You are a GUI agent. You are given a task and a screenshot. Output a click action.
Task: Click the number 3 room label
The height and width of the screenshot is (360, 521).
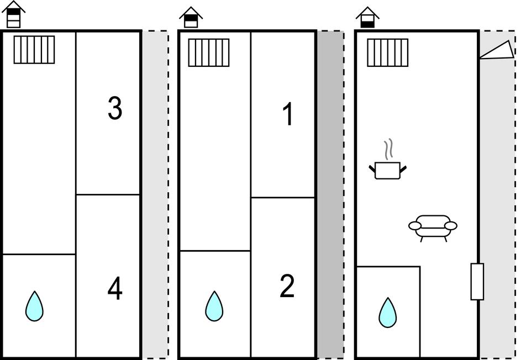pos(114,109)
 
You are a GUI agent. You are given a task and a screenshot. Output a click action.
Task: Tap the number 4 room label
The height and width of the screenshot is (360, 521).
pos(114,289)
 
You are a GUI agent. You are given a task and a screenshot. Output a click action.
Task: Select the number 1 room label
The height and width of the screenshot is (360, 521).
pos(287,115)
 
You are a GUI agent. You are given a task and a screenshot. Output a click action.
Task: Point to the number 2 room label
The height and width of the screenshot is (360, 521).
pos(287,287)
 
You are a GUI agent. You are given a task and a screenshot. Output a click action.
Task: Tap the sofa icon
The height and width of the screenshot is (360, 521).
pos(433,226)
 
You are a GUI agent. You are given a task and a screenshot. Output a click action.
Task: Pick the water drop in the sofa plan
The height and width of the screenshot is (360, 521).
pos(388,313)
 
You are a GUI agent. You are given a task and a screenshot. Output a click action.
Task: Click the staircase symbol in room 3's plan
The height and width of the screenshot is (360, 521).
pos(34,50)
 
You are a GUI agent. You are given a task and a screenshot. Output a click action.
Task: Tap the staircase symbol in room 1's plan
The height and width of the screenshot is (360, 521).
pos(209,52)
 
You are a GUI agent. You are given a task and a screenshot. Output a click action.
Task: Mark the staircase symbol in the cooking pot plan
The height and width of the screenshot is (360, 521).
pos(388,52)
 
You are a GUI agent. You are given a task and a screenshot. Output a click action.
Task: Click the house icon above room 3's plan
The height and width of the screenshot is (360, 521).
pos(14,14)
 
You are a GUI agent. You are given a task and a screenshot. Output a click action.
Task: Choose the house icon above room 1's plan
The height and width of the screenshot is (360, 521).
pos(191,17)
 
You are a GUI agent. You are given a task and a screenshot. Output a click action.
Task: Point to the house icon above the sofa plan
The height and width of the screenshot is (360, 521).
pos(367,17)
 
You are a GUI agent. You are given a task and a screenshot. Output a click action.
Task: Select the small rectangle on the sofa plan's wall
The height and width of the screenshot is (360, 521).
pos(477,282)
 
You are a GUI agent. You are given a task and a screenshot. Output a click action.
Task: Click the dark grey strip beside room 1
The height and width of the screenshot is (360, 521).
pos(330,193)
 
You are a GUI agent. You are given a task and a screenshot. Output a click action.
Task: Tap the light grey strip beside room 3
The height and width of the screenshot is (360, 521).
pos(155,193)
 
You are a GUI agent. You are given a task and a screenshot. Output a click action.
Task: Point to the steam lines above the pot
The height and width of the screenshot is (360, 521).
pos(389,148)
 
